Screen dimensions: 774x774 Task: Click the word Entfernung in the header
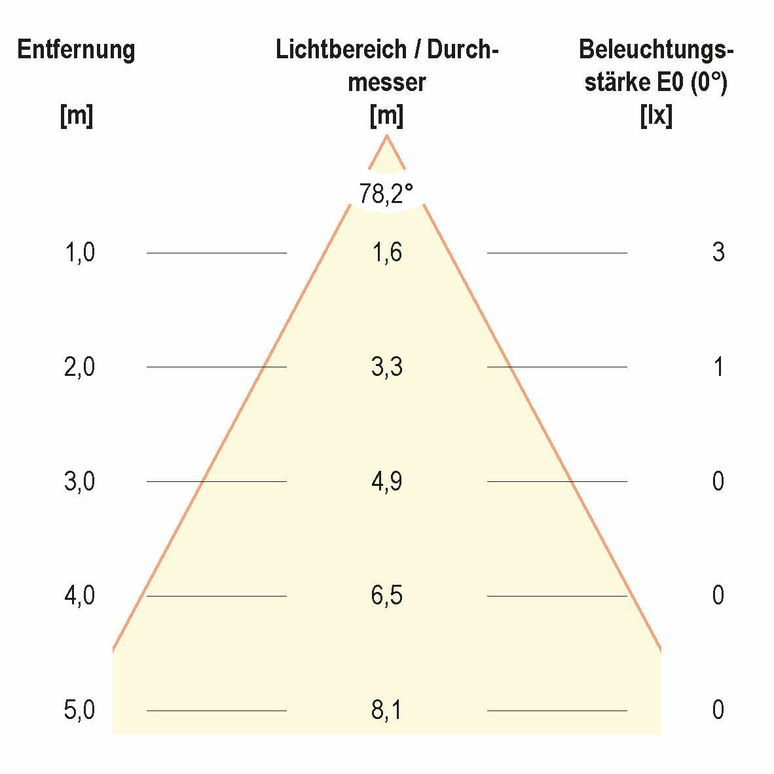(x=76, y=50)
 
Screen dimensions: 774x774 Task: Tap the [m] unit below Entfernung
(x=77, y=116)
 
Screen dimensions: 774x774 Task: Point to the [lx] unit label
(x=656, y=116)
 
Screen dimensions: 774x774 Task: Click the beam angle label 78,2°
(x=386, y=193)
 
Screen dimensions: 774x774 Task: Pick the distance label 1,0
(x=80, y=252)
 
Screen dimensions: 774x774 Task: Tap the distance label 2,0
(x=80, y=367)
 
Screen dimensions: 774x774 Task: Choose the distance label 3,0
(x=80, y=481)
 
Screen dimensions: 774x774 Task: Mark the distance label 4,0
(x=80, y=595)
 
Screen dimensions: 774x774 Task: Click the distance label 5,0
(x=80, y=710)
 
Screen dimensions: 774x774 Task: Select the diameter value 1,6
(x=386, y=252)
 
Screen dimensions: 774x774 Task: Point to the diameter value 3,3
(x=386, y=367)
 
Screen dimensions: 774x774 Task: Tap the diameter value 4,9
(x=386, y=481)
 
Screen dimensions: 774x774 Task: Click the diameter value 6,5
(x=386, y=595)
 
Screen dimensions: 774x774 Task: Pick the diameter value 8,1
(x=386, y=710)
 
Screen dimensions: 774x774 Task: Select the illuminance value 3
(x=718, y=252)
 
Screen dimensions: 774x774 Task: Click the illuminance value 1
(x=718, y=367)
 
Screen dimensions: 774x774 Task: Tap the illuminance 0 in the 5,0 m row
(x=718, y=710)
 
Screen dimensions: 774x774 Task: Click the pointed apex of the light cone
(x=387, y=136)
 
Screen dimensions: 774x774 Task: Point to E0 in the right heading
(x=671, y=83)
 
